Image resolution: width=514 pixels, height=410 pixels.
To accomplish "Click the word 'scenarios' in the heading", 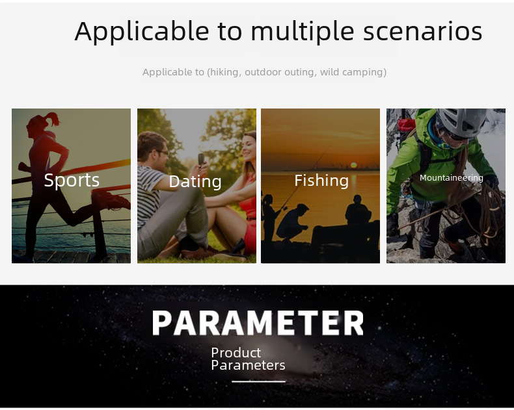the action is [422, 31].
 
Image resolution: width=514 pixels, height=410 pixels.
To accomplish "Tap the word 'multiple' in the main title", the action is [303, 31].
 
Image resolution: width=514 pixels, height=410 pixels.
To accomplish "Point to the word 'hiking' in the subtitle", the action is [224, 71].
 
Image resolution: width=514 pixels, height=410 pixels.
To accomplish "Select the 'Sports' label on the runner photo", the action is [72, 180].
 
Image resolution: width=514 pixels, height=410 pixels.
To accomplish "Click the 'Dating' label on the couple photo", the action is [195, 181].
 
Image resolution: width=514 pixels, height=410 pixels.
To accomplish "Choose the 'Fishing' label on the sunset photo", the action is [321, 181].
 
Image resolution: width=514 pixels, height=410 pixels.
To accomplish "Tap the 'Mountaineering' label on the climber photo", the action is [452, 178].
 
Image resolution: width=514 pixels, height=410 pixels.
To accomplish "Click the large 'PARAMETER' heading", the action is [258, 323].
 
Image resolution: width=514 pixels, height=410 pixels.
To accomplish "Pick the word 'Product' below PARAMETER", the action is [236, 353].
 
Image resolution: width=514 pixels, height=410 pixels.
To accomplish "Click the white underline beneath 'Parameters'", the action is [258, 381].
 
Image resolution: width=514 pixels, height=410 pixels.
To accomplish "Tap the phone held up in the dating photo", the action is [201, 159].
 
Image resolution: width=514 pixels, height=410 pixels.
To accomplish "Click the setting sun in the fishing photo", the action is [354, 165].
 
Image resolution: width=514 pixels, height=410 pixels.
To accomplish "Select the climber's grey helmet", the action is [462, 122].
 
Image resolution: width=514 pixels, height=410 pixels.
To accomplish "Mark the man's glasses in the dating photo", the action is [161, 152].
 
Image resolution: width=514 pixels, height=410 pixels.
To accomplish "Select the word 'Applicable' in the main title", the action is [142, 32].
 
